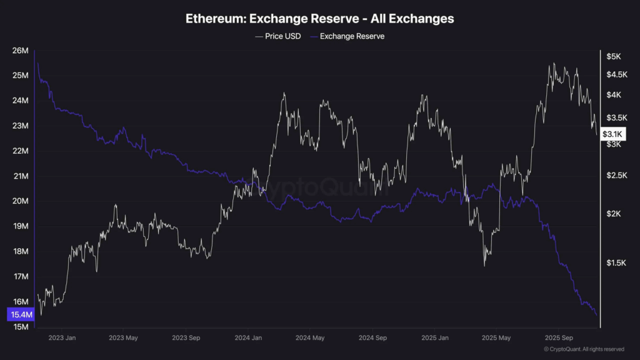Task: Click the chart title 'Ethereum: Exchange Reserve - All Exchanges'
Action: pyautogui.click(x=319, y=19)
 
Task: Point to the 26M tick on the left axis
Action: pyautogui.click(x=21, y=51)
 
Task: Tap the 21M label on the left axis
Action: pyautogui.click(x=21, y=176)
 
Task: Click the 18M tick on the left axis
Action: pyautogui.click(x=21, y=252)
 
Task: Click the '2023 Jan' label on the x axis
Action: pyautogui.click(x=62, y=338)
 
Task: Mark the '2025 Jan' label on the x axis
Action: pyautogui.click(x=435, y=338)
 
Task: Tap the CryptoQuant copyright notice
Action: pyautogui.click(x=584, y=349)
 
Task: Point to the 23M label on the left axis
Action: pyautogui.click(x=21, y=126)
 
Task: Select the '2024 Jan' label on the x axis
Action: pyautogui.click(x=247, y=338)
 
